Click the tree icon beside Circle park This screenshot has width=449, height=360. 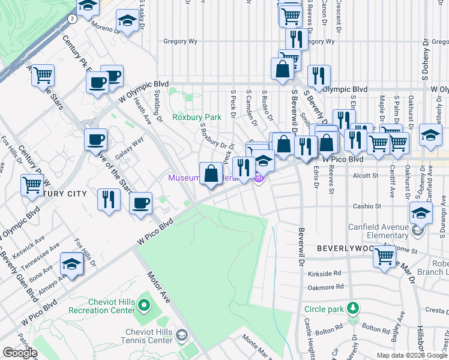(x=354, y=309)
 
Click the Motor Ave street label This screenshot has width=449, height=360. (x=157, y=289)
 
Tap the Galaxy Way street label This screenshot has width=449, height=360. (x=129, y=147)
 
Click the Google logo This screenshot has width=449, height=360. (x=20, y=353)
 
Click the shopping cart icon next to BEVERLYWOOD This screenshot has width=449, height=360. (x=384, y=256)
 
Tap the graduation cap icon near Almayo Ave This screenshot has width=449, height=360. (x=71, y=264)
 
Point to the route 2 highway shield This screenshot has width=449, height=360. (x=72, y=19)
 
